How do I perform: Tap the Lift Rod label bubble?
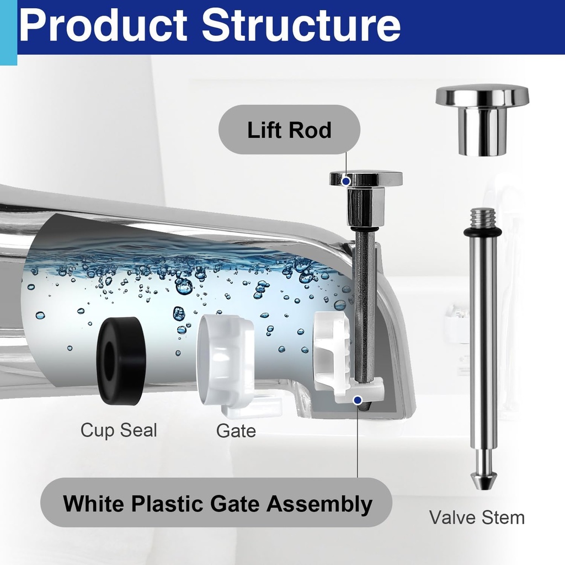pos(289,130)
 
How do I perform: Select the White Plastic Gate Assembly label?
pos(217,503)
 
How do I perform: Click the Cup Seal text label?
pos(119,430)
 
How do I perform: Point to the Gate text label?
pos(236,430)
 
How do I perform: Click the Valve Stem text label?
pos(477,517)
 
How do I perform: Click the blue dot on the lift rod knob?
pos(346,180)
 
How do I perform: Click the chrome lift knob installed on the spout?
pos(365,193)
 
